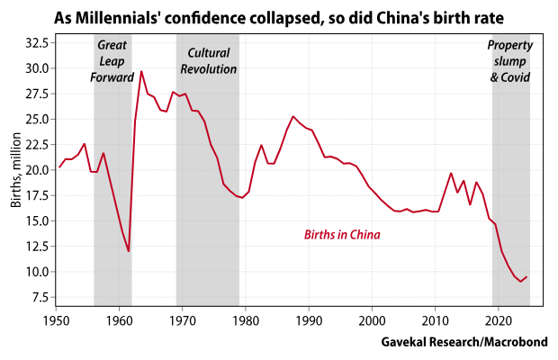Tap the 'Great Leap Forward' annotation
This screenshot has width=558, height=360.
click(112, 61)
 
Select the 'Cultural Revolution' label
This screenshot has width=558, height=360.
click(208, 60)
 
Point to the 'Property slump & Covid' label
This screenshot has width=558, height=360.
click(510, 61)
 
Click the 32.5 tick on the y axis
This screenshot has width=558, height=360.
click(37, 42)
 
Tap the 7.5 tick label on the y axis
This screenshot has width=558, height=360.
click(40, 297)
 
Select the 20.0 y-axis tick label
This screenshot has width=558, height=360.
click(37, 170)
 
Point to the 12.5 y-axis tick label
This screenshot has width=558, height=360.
click(37, 247)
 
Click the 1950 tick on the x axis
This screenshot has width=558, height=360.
click(57, 319)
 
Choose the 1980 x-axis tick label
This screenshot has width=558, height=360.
click(246, 319)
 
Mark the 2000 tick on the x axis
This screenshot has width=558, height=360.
click(372, 319)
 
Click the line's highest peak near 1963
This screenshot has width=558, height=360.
click(141, 71)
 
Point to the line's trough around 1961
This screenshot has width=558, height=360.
click(129, 251)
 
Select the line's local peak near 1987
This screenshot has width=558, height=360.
click(292, 116)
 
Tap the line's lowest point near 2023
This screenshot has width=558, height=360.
click(521, 282)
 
